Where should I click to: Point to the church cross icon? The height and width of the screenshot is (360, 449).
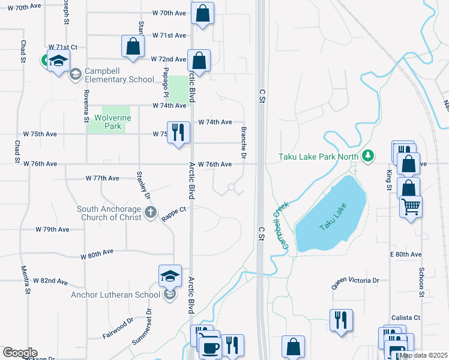[150, 212]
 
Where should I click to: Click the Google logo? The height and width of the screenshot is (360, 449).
[19, 353]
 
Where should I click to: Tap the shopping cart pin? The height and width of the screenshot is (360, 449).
[411, 207]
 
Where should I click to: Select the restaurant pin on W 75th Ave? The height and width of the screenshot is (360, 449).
[178, 133]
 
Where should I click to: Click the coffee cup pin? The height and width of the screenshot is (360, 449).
[209, 347]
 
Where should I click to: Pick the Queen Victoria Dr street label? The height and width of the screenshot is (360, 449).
[357, 280]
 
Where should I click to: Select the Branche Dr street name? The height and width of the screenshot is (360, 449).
[244, 142]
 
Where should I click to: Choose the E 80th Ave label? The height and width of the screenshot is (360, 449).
[406, 254]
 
